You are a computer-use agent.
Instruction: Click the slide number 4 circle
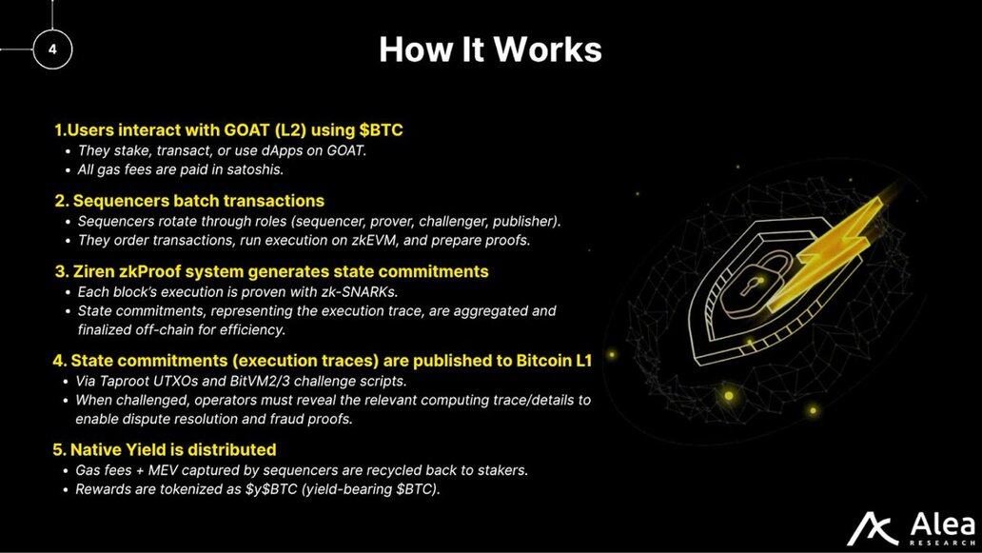[x=52, y=49]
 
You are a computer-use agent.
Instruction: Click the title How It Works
[x=490, y=49]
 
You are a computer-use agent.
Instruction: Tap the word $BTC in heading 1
[x=381, y=129]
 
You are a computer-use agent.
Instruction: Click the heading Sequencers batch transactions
[x=199, y=201]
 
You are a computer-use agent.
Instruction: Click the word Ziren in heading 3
[x=92, y=271]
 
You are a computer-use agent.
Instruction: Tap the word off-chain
[x=164, y=329]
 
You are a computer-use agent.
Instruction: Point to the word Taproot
[x=124, y=381]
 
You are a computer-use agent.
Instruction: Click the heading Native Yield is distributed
[x=173, y=449]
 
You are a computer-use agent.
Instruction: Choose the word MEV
[x=163, y=469]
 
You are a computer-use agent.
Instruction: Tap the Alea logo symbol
[x=873, y=528]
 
